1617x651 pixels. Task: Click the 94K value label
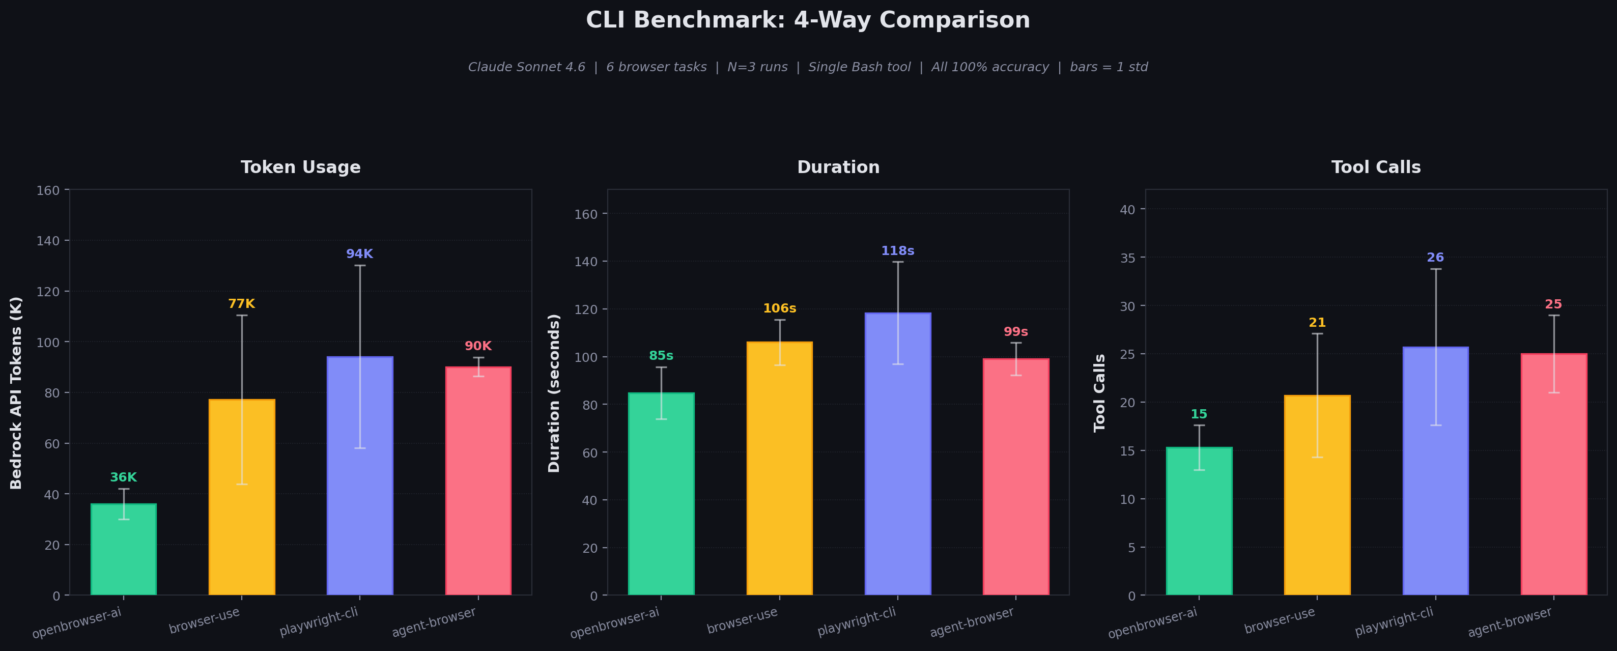(360, 253)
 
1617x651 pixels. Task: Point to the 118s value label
(898, 250)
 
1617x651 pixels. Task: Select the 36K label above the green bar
(124, 477)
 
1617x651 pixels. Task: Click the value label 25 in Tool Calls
(1553, 304)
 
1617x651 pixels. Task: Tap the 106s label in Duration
(780, 308)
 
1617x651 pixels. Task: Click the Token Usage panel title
(301, 167)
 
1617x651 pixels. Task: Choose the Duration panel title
(838, 167)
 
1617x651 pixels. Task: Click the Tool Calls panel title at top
(1376, 167)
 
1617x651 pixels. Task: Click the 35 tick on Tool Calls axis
(1128, 258)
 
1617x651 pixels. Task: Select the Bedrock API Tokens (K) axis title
(16, 392)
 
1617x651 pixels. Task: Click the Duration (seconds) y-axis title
(554, 393)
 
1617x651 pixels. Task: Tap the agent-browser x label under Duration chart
(972, 622)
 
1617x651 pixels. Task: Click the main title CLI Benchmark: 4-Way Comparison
(808, 20)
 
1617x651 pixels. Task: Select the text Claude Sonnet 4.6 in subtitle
(527, 67)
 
